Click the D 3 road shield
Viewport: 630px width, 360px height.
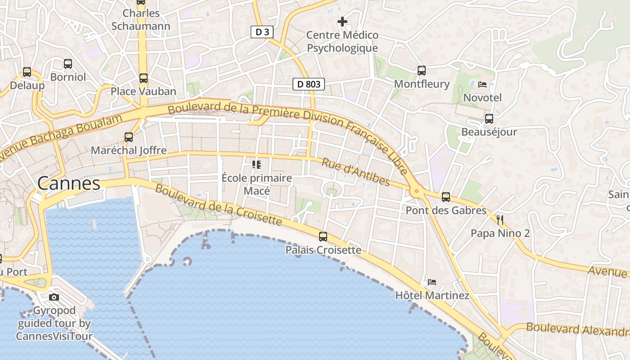[x=262, y=31]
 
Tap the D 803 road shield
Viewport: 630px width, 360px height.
[x=309, y=84]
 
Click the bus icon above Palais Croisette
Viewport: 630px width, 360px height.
[x=323, y=236]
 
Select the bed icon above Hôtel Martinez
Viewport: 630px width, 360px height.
[x=432, y=282]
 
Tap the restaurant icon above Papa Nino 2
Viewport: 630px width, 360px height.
[x=500, y=220]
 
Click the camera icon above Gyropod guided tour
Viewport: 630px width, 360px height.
[x=54, y=297]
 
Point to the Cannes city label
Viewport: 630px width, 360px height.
[x=69, y=183]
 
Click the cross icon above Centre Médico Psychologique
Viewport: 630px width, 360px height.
[x=342, y=21]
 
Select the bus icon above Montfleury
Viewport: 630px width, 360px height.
[x=421, y=70]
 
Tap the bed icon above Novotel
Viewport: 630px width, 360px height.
[x=482, y=84]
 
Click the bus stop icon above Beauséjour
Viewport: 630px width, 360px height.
[x=489, y=119]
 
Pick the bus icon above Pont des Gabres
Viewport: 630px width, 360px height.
[x=445, y=197]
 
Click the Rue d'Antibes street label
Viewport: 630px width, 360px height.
[x=355, y=172]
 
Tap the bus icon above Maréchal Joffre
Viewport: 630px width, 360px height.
[x=129, y=137]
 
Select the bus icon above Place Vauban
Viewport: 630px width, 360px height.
[x=143, y=78]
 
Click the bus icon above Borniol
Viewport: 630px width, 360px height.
[x=68, y=63]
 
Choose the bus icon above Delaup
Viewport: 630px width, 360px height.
[x=27, y=72]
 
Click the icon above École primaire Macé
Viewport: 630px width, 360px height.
[x=256, y=164]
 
